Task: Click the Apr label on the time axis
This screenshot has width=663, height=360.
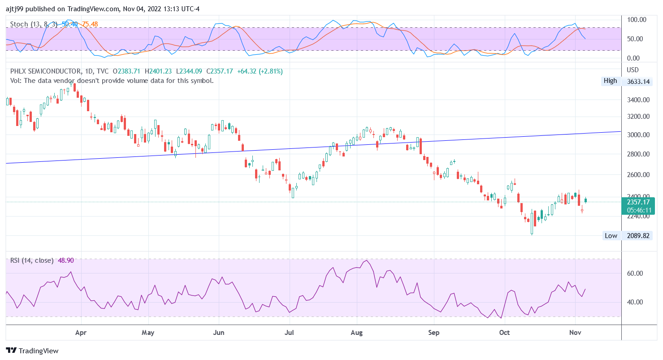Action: coord(81,333)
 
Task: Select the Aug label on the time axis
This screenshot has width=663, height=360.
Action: coord(356,333)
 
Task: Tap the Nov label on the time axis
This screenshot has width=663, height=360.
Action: coord(575,333)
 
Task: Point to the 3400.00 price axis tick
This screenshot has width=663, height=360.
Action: coord(638,100)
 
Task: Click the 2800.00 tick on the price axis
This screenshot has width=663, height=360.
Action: coord(638,154)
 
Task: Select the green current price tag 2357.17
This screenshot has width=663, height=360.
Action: coord(638,202)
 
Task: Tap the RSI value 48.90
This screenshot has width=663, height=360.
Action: coord(66,260)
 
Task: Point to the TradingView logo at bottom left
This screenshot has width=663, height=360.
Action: coord(32,351)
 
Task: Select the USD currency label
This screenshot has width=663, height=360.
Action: coord(633,70)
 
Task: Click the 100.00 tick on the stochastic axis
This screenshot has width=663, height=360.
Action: coord(637,20)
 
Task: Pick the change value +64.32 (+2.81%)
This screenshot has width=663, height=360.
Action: coord(260,71)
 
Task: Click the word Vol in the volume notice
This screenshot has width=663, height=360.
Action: coord(15,81)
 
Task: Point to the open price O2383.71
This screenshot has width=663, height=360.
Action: coord(126,71)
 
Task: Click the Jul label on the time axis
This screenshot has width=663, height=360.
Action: coord(290,333)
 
